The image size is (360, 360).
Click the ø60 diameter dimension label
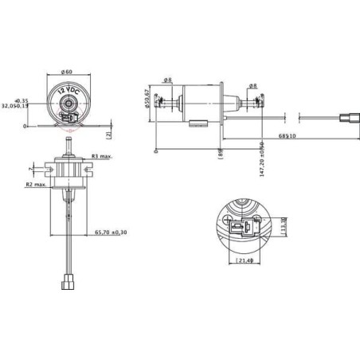tap(67, 72)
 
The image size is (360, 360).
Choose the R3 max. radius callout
tap(102, 156)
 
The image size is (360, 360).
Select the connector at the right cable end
tap(348, 121)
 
